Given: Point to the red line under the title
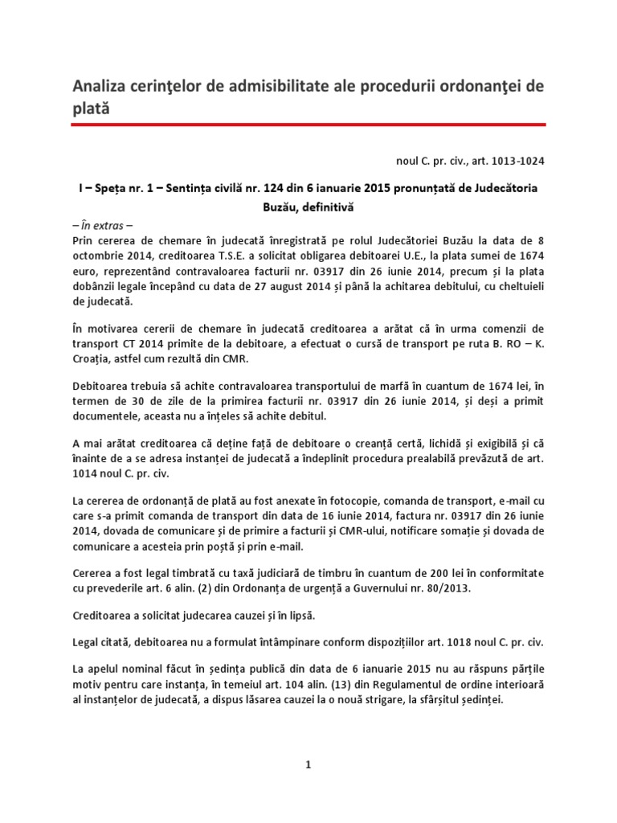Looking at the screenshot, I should (308, 125).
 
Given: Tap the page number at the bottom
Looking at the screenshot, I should (308, 766).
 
